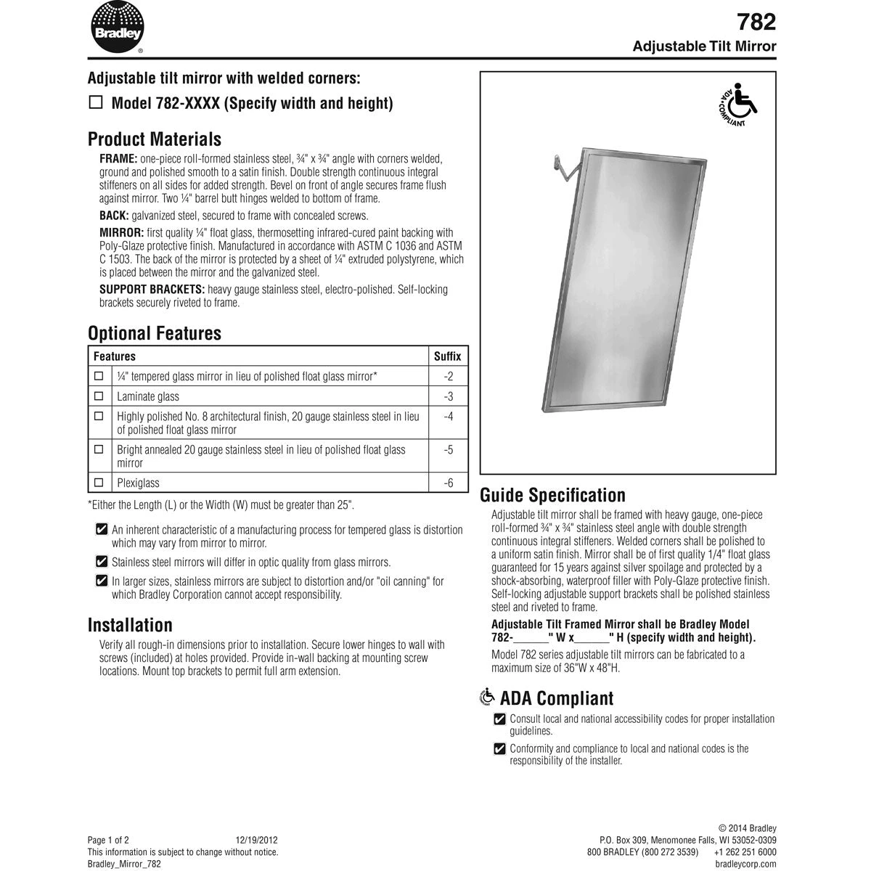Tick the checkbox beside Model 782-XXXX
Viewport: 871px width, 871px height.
tap(95, 102)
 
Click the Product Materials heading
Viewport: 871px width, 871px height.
tap(154, 139)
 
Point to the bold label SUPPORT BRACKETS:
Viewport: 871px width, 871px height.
tap(152, 290)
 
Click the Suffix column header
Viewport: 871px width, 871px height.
tap(447, 356)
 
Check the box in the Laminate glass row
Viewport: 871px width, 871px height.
tap(99, 396)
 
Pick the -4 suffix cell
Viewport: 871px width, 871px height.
tap(448, 417)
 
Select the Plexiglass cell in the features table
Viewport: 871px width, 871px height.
tap(138, 483)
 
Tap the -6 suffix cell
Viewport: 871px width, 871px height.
tap(448, 483)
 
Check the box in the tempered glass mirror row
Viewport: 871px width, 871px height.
tap(99, 376)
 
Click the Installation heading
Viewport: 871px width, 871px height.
tap(130, 625)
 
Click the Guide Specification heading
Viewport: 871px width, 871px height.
tap(552, 495)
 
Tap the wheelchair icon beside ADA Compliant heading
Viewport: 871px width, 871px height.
tap(488, 698)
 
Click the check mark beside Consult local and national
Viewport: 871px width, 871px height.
tap(499, 719)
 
